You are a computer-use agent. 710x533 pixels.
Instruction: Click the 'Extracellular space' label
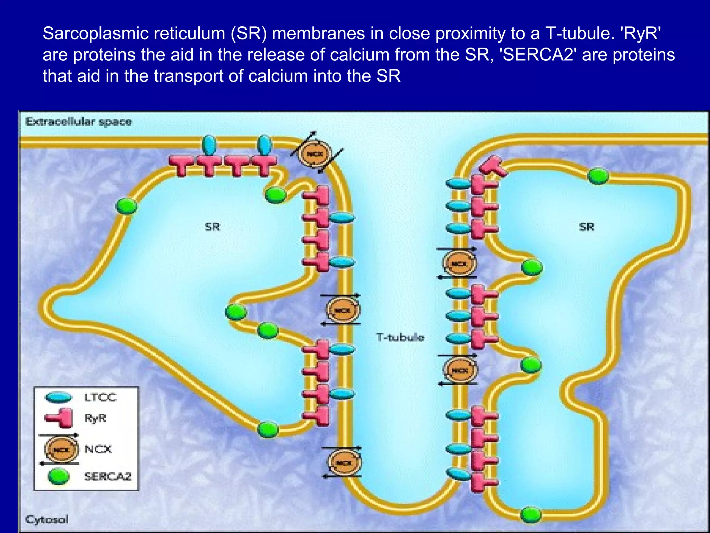[x=78, y=122]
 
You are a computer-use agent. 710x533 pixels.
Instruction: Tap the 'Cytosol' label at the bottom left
[x=47, y=519]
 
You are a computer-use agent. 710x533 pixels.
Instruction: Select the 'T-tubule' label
[x=400, y=337]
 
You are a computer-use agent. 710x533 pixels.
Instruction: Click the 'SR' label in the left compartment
[x=213, y=227]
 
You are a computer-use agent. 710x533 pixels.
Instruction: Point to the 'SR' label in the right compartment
[x=587, y=227]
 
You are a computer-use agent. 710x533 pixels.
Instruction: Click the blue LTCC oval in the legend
[x=58, y=397]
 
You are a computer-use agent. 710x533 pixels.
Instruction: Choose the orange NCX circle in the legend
[x=61, y=450]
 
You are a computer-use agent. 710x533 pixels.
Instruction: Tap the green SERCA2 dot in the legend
[x=58, y=476]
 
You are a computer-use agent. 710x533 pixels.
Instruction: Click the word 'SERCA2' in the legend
[x=108, y=477]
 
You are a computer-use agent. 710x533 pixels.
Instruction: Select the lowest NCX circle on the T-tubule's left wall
[x=344, y=463]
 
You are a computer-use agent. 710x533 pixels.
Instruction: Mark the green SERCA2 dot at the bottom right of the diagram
[x=531, y=514]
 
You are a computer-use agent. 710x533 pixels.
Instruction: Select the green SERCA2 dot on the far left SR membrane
[x=126, y=206]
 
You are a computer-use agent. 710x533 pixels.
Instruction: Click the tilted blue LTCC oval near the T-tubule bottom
[x=457, y=474]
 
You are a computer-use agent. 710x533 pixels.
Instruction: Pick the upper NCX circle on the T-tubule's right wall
[x=460, y=264]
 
